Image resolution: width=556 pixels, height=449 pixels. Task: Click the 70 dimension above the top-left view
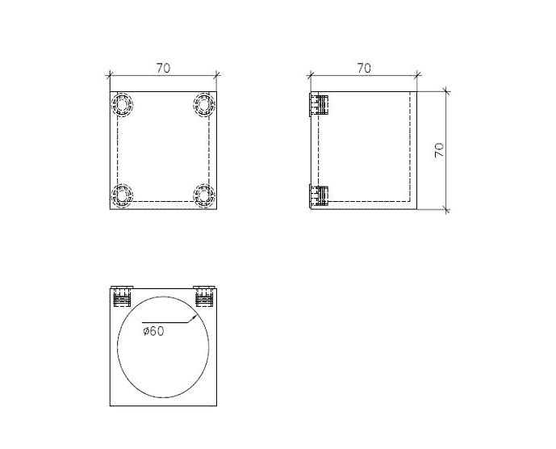[x=164, y=68]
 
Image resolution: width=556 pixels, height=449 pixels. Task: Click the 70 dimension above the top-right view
[x=364, y=68]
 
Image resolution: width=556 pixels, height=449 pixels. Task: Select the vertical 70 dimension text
[x=439, y=150]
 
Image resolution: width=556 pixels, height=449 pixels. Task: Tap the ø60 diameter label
[x=153, y=331]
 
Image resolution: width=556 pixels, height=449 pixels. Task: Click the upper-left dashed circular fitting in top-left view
[x=123, y=105]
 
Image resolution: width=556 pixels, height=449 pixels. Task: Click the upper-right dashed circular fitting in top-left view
[x=204, y=105]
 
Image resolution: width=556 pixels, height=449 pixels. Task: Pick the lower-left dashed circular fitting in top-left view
[x=123, y=195]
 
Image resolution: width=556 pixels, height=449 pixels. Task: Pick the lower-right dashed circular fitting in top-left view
[x=204, y=195]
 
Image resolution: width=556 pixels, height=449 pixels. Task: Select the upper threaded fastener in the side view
[x=319, y=105]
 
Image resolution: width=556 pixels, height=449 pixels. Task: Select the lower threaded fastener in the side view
[x=319, y=195]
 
